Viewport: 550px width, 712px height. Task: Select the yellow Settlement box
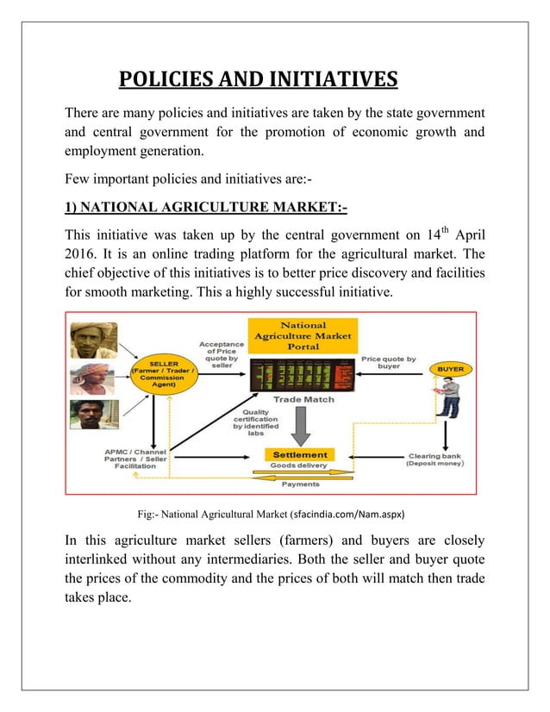(300, 454)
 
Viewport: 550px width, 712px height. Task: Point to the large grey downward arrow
(300, 426)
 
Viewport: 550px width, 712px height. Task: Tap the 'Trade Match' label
(303, 399)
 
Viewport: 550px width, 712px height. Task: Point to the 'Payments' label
(299, 484)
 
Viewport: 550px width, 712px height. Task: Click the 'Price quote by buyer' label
(388, 362)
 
